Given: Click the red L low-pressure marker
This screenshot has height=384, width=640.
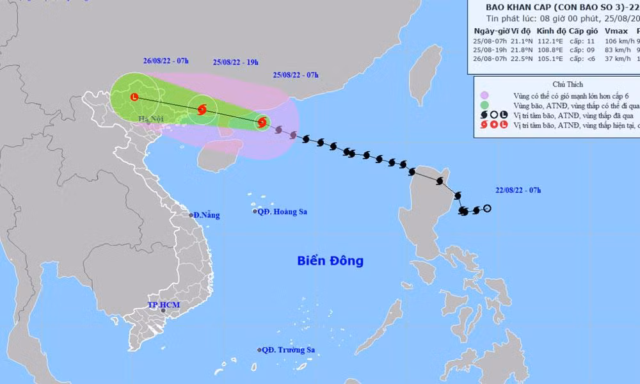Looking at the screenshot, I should [x=134, y=97].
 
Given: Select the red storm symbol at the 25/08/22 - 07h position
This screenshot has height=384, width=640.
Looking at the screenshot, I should [x=262, y=122].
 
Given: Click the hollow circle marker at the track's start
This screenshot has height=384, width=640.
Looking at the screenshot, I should [x=488, y=209].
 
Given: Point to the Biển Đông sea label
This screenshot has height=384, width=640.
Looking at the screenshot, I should [x=330, y=260].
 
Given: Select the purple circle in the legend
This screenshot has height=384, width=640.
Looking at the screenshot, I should [x=485, y=94].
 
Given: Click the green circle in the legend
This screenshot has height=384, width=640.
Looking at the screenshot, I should [x=485, y=105].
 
